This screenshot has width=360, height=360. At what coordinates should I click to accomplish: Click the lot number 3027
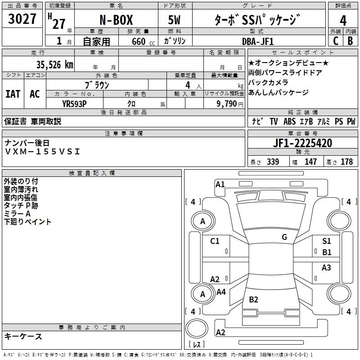22,18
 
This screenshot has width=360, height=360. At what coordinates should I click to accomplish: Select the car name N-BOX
116,20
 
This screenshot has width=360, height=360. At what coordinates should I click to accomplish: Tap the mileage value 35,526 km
54,64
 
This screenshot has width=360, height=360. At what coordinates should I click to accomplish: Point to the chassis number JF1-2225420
302,143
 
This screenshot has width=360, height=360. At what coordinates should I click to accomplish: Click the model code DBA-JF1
258,41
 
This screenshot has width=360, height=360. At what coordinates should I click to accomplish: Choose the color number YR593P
74,104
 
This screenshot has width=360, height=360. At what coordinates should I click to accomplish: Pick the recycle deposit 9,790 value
227,104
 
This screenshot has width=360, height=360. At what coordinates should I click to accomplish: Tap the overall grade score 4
343,21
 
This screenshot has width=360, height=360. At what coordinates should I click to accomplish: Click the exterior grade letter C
336,41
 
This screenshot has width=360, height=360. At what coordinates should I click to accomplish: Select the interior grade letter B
350,41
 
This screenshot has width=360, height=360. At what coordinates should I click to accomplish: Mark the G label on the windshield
284,237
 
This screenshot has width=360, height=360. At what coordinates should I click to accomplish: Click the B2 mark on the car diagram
253,299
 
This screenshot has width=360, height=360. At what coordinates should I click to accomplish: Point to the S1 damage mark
327,241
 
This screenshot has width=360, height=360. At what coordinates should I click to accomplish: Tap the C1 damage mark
215,241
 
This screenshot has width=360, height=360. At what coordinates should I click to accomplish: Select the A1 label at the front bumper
220,184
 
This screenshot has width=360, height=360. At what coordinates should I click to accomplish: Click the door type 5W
174,20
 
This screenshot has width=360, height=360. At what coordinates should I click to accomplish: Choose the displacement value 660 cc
143,41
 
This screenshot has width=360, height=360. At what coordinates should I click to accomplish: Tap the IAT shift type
13,94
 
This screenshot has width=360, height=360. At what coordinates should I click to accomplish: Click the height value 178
346,162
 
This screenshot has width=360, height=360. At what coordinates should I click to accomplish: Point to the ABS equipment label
289,121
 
